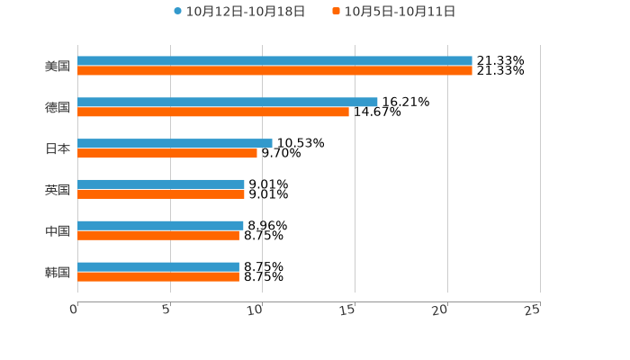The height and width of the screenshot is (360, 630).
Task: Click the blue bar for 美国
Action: [x=274, y=61]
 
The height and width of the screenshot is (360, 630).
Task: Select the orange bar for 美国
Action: [x=274, y=71]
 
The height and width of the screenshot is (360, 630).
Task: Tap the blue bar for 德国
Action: [x=228, y=103]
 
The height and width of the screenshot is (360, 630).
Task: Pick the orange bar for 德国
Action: [x=213, y=112]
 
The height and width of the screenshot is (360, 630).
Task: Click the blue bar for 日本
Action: [x=175, y=143]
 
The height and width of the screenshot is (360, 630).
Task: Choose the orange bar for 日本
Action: [x=167, y=154]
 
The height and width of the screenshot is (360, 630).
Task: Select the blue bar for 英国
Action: [x=161, y=184]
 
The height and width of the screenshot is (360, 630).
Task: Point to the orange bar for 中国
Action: [x=158, y=236]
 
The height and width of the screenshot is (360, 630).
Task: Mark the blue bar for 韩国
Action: [x=158, y=266]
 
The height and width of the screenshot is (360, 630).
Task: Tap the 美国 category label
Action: [x=58, y=67]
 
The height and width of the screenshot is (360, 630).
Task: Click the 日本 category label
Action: [x=58, y=148]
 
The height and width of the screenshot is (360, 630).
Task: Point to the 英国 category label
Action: [x=58, y=190]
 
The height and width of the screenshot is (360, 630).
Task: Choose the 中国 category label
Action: [x=58, y=231]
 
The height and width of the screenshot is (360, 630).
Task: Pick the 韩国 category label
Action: [x=58, y=272]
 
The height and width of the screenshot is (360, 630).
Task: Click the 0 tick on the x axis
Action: [x=75, y=310]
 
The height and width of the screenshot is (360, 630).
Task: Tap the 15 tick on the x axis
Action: [x=349, y=310]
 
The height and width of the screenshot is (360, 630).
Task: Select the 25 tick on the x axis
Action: [x=533, y=310]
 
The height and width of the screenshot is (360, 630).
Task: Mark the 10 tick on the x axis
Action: [x=256, y=310]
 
